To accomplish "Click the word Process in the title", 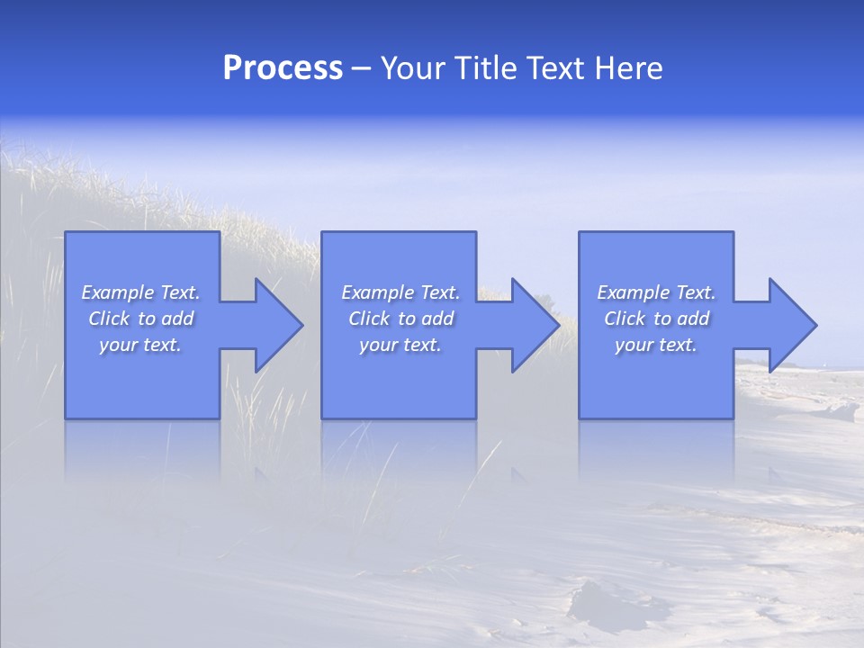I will [x=283, y=68].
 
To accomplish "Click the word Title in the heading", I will [x=484, y=68].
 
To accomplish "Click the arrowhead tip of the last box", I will [x=815, y=325].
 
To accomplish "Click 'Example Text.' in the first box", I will [x=140, y=292].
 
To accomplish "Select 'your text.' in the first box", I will [x=140, y=345].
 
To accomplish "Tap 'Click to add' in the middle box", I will [x=400, y=319].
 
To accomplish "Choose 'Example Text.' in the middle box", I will [x=400, y=292].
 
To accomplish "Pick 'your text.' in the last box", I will [x=656, y=345].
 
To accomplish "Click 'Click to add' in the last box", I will [x=656, y=319].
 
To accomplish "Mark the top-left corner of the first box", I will [x=66, y=232].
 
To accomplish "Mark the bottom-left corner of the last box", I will [x=580, y=418].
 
